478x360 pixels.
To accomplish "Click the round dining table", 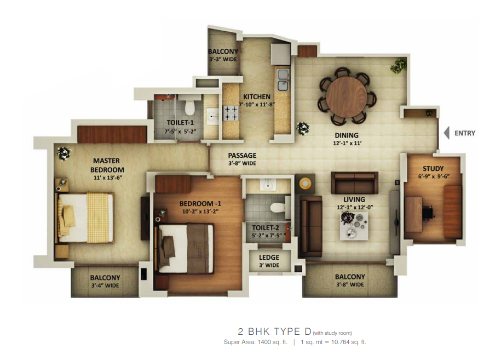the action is [347, 96].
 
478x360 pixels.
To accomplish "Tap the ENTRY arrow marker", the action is [447, 133].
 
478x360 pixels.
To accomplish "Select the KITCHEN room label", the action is [257, 96].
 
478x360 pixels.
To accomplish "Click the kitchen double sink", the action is [283, 80].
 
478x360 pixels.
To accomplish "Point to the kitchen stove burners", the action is [231, 113].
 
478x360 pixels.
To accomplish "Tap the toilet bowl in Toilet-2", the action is [278, 208].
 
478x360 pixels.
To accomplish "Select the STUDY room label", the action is [433, 169].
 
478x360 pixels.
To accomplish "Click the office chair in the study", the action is [428, 212].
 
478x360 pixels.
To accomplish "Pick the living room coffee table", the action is [354, 226].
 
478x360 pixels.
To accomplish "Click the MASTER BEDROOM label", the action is [107, 165].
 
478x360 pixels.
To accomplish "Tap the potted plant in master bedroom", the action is [64, 153].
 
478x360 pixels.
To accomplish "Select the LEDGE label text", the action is [269, 258].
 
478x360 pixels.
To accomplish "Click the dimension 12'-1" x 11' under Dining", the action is [347, 143].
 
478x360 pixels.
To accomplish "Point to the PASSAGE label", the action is [242, 155].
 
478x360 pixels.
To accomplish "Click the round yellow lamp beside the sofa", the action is [305, 184].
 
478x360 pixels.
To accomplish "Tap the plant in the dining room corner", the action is [399, 66].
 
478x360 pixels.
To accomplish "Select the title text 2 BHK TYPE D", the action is [275, 332].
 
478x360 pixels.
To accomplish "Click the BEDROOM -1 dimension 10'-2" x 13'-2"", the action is [200, 212].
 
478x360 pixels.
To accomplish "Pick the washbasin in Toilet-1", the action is [212, 116].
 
